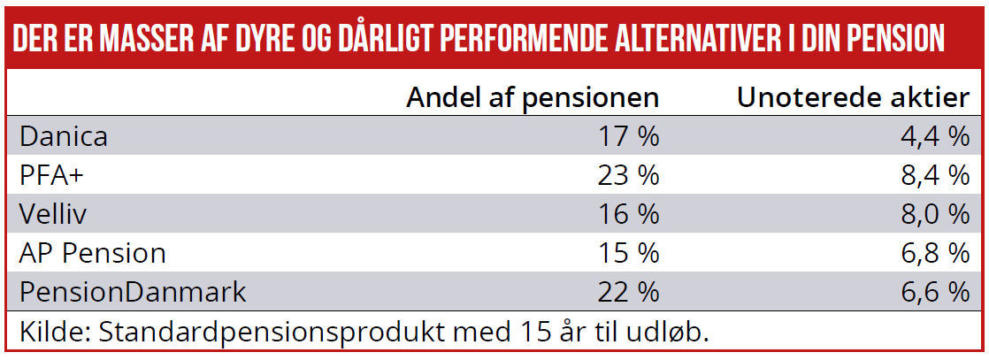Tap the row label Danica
point(64,137)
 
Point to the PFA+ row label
point(51,176)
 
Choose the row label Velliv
point(53,214)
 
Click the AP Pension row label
point(93,254)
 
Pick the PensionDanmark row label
point(133,293)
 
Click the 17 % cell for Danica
point(628,137)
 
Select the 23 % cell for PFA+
point(628,176)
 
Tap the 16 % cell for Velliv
point(628,214)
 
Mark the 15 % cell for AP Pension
point(628,254)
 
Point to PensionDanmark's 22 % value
point(628,293)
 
